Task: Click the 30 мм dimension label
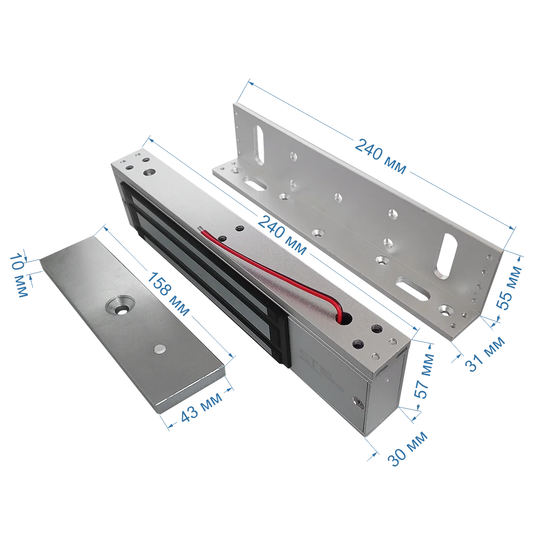[x=408, y=448]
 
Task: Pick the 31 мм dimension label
[x=485, y=354]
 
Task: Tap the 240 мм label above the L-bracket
[x=380, y=156]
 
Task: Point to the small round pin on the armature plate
[x=159, y=350]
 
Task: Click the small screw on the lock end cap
[x=358, y=403]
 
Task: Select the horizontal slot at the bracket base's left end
[x=254, y=184]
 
